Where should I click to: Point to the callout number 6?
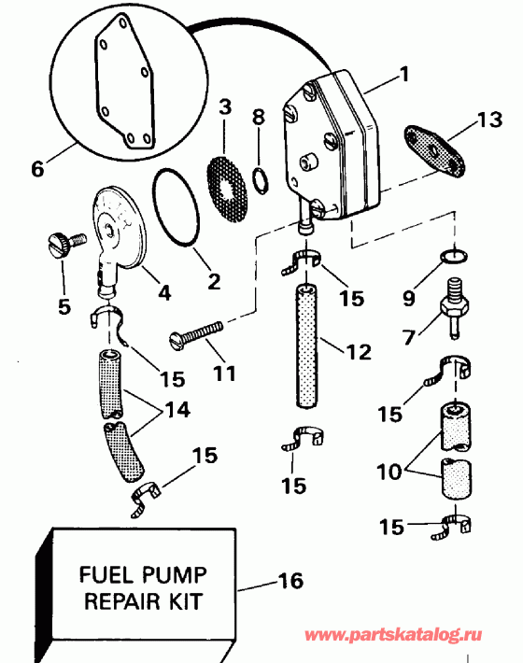36,169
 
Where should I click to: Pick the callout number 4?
164,291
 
